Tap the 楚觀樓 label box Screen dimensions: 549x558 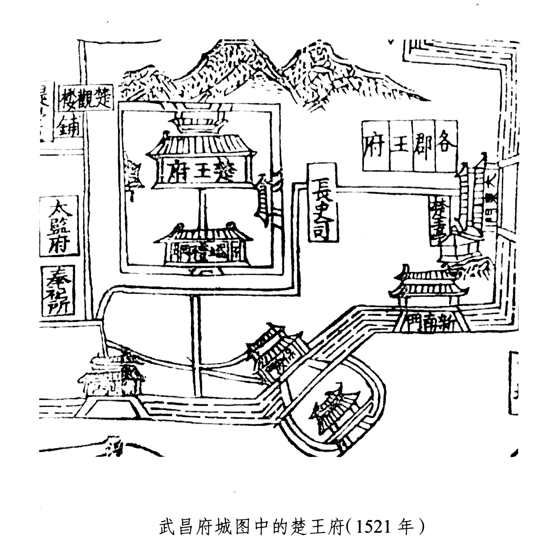86,98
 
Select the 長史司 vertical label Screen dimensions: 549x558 323,202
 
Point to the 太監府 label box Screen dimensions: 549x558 59,226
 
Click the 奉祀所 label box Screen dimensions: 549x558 58,291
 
